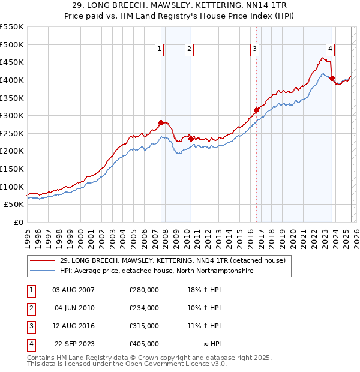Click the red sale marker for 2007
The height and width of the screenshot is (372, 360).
point(161,123)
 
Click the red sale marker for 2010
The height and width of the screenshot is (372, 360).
point(191,139)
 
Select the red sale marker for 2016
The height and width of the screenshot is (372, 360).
point(256,110)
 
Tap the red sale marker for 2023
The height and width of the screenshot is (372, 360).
point(332,79)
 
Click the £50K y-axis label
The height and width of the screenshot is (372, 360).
point(14,204)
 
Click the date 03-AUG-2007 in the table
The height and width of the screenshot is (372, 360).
point(73,290)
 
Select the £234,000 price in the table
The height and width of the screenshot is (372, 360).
point(144,308)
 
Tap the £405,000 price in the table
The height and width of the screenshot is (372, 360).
point(144,344)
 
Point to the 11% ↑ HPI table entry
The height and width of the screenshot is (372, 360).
point(204,326)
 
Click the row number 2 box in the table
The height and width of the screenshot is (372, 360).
point(30,308)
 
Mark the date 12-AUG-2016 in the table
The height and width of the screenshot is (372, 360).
point(73,326)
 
